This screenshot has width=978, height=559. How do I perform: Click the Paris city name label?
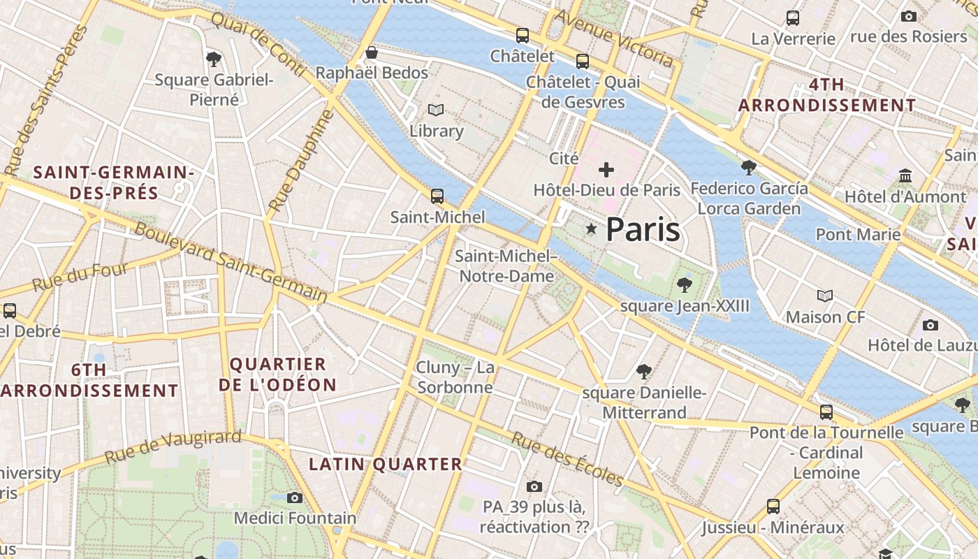643,229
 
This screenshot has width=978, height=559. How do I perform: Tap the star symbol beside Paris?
592,228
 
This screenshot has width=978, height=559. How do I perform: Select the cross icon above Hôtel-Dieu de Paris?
606,169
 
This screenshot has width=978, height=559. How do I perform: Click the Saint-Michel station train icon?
437,196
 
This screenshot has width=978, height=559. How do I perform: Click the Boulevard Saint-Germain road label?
231,262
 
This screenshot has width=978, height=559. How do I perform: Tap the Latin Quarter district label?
386,464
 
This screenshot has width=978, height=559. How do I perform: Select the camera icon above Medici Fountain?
295,498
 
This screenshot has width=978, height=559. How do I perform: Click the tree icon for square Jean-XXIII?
685,284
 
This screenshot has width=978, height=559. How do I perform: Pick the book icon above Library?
436,110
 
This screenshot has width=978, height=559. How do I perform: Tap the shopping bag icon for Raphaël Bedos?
372,52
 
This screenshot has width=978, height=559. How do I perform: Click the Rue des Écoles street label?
567,458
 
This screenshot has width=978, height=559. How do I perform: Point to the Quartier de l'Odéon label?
277,375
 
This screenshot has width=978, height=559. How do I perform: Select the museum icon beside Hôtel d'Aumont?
906,175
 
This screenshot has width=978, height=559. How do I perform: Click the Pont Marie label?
858,234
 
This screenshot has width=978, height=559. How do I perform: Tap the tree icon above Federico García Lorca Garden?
749,167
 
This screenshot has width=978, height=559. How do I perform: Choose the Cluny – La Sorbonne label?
455,377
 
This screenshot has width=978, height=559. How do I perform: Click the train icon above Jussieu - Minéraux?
773,506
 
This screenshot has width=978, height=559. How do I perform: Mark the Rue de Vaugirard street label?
173,447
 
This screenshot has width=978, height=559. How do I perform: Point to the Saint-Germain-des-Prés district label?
114,182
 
